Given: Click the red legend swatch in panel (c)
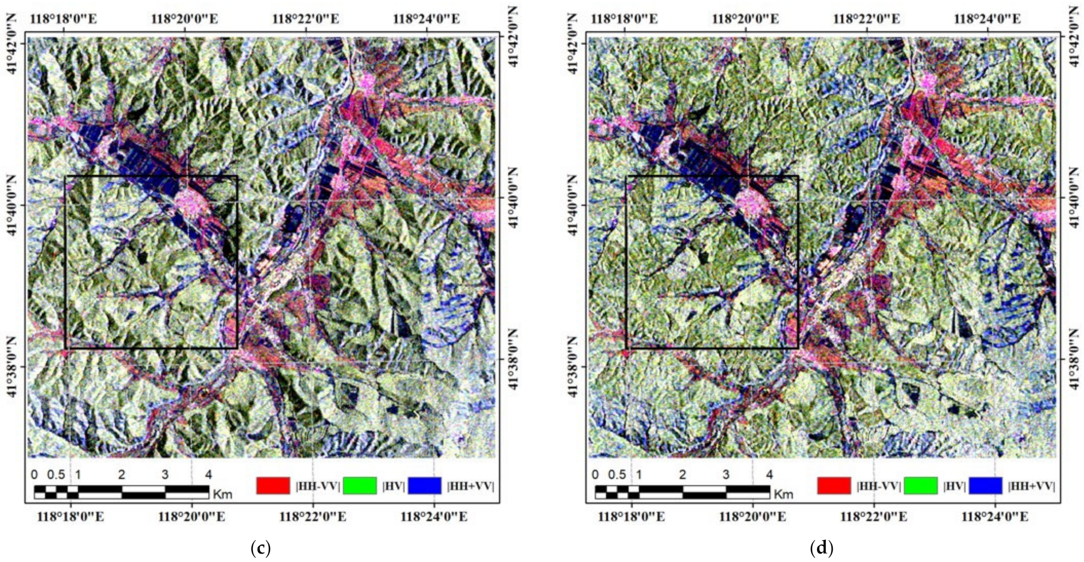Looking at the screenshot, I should pos(273,485).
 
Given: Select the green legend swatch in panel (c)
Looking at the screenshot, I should pos(360,485).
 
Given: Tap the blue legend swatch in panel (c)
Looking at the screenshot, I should pos(425,485).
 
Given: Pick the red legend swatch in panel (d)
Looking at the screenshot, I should pos(834,485).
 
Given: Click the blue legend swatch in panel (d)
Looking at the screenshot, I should pos(985,485).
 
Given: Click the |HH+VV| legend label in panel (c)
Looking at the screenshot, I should pos(470,486).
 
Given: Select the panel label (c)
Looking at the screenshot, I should pos(261,548).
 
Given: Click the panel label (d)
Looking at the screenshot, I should pos(821,548).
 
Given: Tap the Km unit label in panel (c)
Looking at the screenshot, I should pos(223,493).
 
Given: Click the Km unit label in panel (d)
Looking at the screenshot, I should pos(783,493).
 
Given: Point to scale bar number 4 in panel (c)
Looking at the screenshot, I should pos(208,475).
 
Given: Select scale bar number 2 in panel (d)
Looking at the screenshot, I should pos(682,475).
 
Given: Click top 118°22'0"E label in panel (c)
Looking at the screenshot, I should pos(306,19).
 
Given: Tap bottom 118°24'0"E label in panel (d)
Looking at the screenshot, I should pos(995,516).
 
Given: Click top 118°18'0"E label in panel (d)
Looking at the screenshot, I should pos(624,19).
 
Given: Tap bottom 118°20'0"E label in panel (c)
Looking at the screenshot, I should pos(192,516).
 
